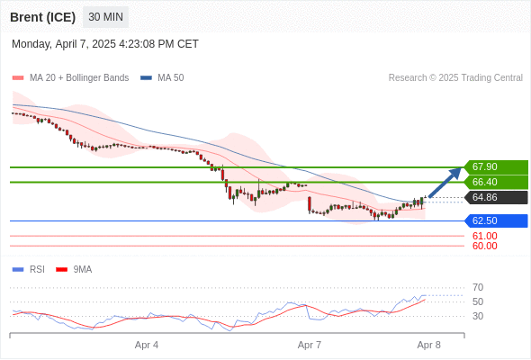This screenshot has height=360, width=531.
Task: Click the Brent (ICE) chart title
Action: (x=42, y=17)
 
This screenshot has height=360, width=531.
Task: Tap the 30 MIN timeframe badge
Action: (x=105, y=17)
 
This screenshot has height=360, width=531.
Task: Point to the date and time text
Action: (x=105, y=44)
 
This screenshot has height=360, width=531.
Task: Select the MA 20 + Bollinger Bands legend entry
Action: (x=70, y=78)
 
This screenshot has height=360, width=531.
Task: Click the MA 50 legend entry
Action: (x=162, y=78)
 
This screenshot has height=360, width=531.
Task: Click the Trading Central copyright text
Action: (x=455, y=78)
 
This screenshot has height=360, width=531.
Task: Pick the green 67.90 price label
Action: (x=496, y=167)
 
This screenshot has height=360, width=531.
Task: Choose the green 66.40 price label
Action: (x=496, y=182)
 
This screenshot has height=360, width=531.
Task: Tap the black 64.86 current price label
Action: (x=496, y=197)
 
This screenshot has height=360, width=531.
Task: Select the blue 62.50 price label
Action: (x=496, y=220)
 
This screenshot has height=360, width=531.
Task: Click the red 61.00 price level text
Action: (x=484, y=236)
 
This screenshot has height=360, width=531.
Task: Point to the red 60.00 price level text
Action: (x=484, y=246)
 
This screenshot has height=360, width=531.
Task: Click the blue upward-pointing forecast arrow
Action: (x=445, y=182)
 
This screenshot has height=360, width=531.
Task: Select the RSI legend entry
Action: (x=29, y=270)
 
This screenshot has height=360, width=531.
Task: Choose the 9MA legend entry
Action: (x=74, y=270)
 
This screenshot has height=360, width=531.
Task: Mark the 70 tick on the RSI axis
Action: (x=478, y=287)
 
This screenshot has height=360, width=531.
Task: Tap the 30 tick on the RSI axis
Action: (x=478, y=316)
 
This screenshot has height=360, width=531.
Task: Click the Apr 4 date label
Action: (x=147, y=345)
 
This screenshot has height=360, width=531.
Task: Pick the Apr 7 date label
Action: (x=310, y=345)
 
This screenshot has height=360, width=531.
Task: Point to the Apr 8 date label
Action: (x=428, y=345)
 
